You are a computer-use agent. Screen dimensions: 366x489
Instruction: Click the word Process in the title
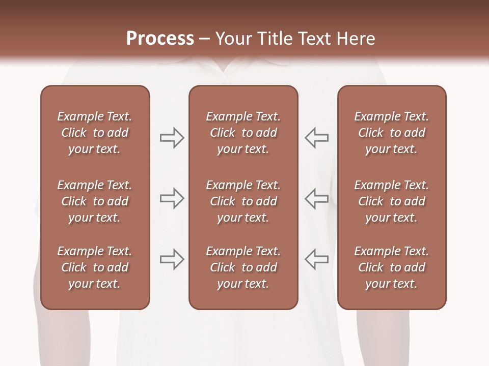pos(160,39)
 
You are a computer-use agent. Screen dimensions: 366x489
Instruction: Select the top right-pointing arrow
pos(172,138)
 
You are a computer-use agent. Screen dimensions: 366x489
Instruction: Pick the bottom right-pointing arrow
pos(172,259)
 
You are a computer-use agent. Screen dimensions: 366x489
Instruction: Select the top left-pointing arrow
pos(316,138)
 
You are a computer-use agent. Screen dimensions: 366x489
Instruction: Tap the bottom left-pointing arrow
pos(316,259)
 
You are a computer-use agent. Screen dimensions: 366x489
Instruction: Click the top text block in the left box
pos(95,133)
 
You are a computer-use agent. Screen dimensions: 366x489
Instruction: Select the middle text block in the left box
pos(95,201)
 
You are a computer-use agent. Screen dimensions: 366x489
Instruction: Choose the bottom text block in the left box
pos(95,267)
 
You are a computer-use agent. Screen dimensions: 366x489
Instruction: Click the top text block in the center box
pos(243,133)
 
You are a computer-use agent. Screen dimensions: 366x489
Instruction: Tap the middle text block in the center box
pos(243,201)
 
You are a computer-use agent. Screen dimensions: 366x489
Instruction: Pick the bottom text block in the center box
pos(243,267)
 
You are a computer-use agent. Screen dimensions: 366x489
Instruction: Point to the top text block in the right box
pos(391,133)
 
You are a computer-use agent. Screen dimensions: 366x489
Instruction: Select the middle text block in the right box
pos(391,201)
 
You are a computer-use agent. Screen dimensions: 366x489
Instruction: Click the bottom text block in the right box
pos(391,267)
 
